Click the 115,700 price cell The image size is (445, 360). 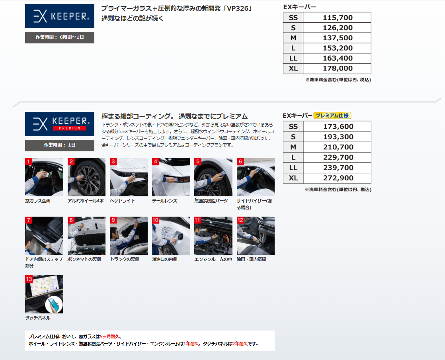tap(337, 18)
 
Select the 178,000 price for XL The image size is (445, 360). tap(337, 68)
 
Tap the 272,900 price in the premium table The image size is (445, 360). tap(338, 178)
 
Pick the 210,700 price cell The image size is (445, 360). tap(338, 147)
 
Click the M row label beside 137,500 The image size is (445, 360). tap(293, 38)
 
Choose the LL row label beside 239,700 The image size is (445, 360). tap(293, 168)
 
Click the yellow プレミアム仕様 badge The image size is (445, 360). tap(332, 115)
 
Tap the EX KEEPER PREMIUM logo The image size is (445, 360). tap(60, 124)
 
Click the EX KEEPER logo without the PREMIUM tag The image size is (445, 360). tap(60, 16)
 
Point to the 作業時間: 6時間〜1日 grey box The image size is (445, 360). tap(60, 37)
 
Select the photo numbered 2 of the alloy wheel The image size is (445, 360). tap(86, 177)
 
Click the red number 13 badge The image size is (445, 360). tap(29, 279)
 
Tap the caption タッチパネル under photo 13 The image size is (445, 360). tap(38, 318)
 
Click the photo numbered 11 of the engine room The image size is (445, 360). tap(213, 236)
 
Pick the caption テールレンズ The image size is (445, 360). tap(165, 201)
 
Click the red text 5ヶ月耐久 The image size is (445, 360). tap(109, 337)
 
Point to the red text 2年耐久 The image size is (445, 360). tap(240, 344)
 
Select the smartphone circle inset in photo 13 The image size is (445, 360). tap(54, 304)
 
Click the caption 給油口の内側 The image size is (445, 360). tap(165, 259)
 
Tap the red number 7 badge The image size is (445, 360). tap(28, 220)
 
